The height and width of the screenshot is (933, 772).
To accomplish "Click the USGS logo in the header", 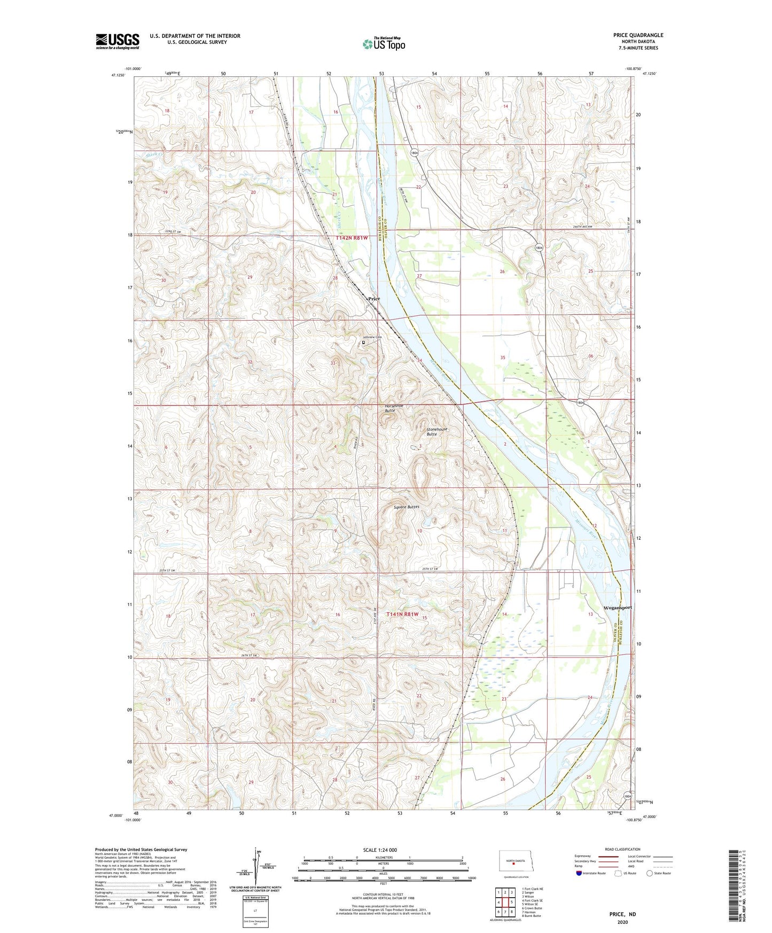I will coord(117,41).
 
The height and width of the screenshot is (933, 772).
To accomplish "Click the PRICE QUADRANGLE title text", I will coord(638,35).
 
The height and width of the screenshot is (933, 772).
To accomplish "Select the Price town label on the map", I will coord(375,299).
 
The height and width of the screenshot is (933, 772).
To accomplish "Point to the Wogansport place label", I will coord(618,608).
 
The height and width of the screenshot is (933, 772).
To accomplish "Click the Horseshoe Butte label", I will coord(394,408).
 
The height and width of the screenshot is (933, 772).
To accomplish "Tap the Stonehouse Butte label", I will coord(436,432).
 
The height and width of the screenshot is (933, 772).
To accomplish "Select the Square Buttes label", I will coord(406,507).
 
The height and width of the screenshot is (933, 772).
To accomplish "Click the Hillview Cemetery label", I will coord(372,337).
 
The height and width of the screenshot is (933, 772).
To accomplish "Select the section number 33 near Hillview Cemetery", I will coord(333,363).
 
